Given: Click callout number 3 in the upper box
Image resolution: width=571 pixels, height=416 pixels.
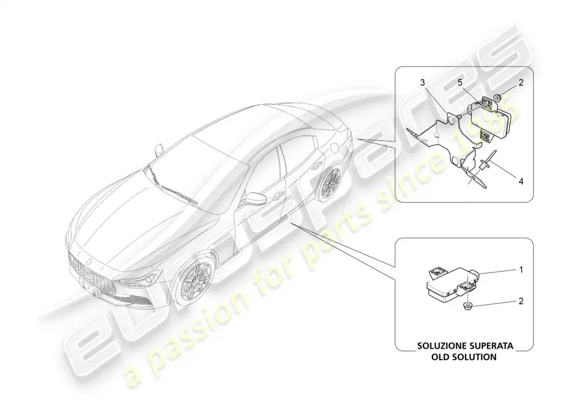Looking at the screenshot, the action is pos(423,83).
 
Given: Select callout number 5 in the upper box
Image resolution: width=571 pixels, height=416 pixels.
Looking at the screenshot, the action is pos(460,83).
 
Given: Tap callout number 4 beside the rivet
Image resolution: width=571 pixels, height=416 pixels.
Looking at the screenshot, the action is pos(521,181).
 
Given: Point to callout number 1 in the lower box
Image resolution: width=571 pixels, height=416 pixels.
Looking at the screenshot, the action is pos(521,270).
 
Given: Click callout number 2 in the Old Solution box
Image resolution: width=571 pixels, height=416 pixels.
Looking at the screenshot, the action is pos(521,301).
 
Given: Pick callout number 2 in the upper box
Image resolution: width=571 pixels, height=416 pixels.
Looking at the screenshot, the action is pos(521,83).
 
